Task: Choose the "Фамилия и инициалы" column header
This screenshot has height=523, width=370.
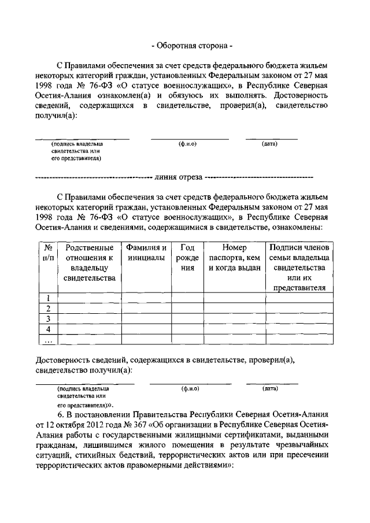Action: click(x=147, y=253)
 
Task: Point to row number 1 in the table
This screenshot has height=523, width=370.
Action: click(x=49, y=298)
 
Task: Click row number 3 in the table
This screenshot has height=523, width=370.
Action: click(x=49, y=319)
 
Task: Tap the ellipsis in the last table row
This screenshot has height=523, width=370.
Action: click(x=49, y=340)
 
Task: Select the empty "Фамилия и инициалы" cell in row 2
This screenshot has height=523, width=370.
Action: click(x=147, y=309)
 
